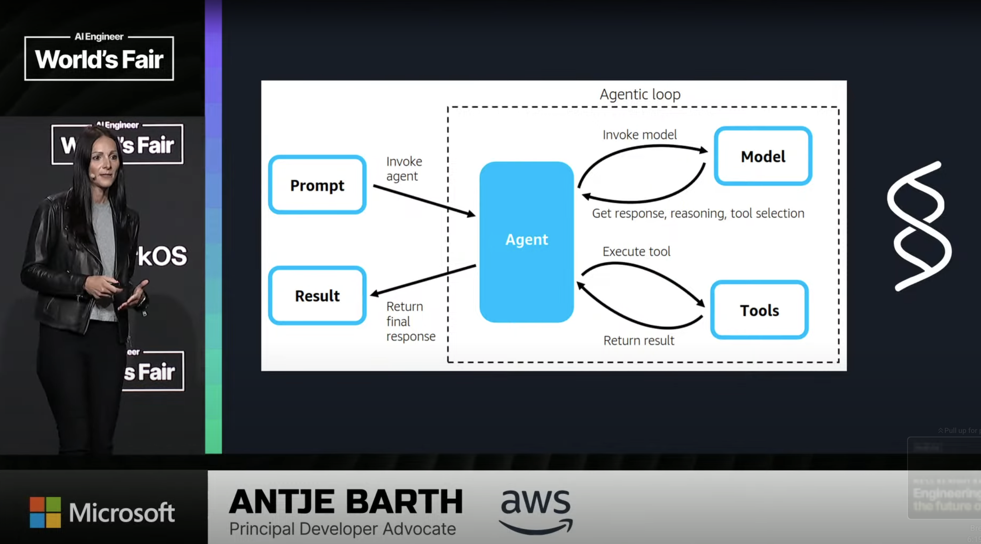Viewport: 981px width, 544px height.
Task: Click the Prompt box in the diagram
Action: point(317,185)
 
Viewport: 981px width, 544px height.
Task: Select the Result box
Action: point(317,296)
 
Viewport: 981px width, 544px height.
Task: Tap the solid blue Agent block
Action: point(527,242)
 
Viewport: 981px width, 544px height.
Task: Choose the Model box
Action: point(763,156)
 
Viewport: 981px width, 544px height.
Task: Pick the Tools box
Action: point(759,310)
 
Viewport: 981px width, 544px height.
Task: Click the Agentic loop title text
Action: point(640,95)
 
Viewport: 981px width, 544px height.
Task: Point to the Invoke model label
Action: point(640,135)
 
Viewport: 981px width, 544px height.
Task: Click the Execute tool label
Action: point(636,252)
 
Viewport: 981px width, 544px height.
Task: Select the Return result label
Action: point(638,341)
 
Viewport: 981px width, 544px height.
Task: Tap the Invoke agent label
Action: point(404,169)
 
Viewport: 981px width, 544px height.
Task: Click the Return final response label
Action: point(410,322)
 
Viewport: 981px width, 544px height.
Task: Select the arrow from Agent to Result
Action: point(423,280)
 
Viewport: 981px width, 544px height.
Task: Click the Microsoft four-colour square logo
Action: point(46,512)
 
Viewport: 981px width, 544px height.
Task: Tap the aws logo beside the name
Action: point(536,511)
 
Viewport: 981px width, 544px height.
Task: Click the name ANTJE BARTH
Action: point(346,502)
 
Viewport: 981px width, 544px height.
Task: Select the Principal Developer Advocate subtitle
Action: point(342,529)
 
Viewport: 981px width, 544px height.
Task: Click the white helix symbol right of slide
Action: point(919,226)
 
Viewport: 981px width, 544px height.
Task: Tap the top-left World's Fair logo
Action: point(99,57)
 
